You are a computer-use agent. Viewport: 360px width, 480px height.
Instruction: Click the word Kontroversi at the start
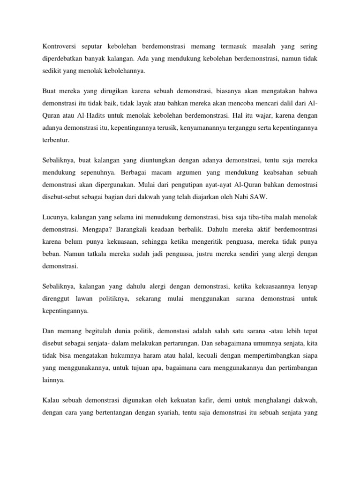(x=60, y=47)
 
